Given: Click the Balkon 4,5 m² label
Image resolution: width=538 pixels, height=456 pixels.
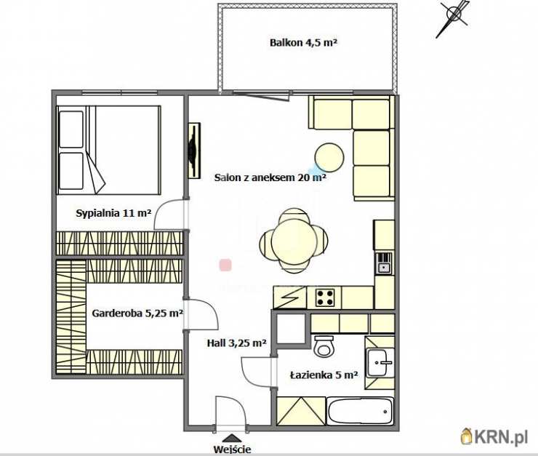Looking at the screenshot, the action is coord(303,43).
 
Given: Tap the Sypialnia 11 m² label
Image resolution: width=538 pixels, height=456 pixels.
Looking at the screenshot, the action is coord(113,213).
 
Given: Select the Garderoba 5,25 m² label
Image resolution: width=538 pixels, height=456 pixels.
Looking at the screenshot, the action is coord(137,313).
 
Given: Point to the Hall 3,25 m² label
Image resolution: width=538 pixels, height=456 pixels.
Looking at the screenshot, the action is coord(237,343).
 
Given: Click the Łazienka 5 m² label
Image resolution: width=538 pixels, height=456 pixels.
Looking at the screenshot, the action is coord(324,375).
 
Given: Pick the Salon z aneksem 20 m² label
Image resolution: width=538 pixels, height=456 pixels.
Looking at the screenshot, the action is coord(270,177).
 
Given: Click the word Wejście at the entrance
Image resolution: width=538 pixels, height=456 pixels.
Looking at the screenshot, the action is coord(233,449).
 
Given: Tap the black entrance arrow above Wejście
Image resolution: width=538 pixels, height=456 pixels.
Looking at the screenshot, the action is coord(233,438).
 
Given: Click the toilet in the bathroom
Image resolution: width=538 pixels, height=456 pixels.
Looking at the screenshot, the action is coord(324,346).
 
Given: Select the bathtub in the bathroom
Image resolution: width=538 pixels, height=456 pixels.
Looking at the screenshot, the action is coord(361,411).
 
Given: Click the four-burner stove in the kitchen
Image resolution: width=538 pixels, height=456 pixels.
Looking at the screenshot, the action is coord(325,297).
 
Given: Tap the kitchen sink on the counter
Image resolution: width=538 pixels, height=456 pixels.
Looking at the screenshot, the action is coord(384,263).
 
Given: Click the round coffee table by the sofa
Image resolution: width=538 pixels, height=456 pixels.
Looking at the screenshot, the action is coord(329,158).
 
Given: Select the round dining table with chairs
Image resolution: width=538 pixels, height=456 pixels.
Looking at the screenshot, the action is coord(294,241).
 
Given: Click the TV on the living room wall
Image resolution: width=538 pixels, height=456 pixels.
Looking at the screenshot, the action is coord(194,151).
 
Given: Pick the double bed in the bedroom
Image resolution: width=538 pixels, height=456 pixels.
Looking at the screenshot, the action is coord(109,151).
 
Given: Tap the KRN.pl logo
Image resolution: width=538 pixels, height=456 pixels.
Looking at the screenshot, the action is coord(494,437).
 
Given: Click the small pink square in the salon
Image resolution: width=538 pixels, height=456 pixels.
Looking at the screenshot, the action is coord(225,265).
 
